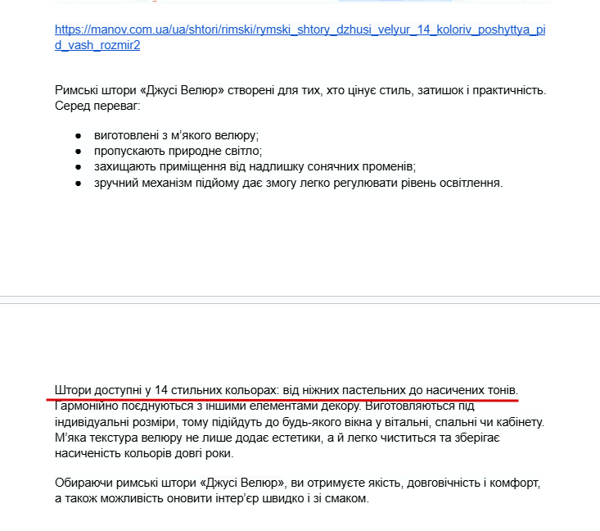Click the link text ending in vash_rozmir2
97,45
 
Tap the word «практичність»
506,90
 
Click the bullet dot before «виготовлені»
78,135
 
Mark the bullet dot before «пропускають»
78,152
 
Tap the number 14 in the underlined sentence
161,389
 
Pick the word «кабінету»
519,421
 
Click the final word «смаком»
350,499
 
